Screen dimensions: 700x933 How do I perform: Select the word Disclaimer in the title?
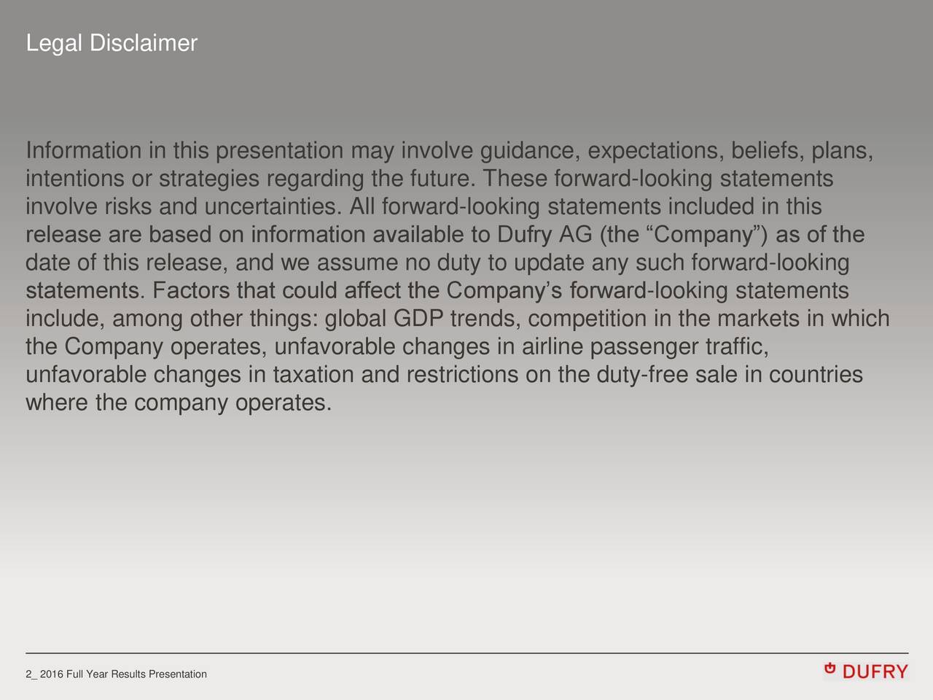pos(143,44)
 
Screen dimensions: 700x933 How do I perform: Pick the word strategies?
pos(209,179)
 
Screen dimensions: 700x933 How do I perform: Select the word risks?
pos(129,207)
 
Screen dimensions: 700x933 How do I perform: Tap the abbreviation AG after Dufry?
pos(576,235)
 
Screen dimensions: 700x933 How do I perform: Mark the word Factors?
pos(192,291)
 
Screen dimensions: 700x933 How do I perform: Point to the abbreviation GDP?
pos(418,319)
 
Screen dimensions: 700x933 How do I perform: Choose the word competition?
pos(587,319)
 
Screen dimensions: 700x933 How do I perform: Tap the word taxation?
pos(314,375)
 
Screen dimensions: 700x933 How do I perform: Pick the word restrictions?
pos(462,375)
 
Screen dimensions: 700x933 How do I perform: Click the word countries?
pos(816,375)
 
